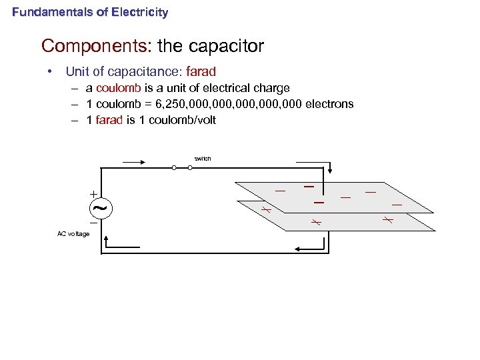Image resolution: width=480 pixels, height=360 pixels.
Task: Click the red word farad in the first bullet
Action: click(x=201, y=71)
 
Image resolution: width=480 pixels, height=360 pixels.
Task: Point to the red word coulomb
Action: click(x=116, y=88)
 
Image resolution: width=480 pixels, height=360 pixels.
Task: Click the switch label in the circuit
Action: click(x=203, y=159)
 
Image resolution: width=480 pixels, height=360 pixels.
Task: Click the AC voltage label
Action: click(x=73, y=234)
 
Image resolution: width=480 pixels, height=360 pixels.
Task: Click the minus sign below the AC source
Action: click(x=93, y=223)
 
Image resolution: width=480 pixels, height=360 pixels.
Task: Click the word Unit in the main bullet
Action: click(x=77, y=71)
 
